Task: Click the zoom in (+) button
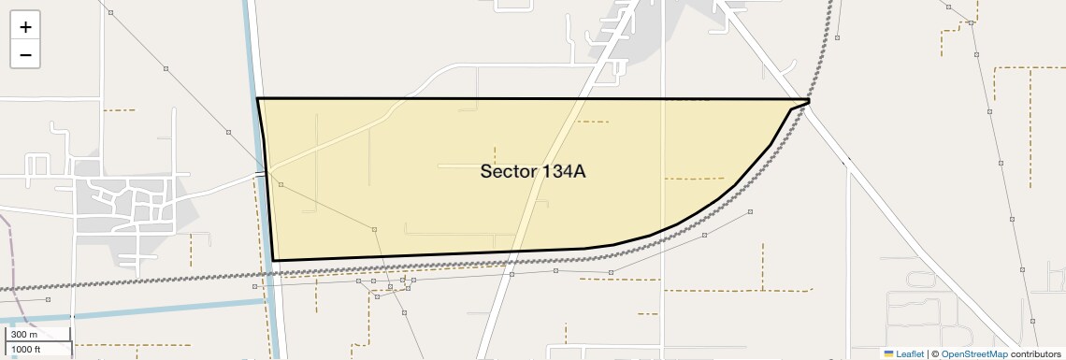[x=25, y=27]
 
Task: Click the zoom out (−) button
[x=25, y=55]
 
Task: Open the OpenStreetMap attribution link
[x=974, y=353]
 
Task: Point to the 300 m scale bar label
[x=24, y=335]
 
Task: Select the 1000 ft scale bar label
[x=26, y=349]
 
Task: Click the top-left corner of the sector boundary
[x=257, y=98]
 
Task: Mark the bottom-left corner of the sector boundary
[x=274, y=260]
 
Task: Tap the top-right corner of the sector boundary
[x=809, y=99]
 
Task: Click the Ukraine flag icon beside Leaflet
[x=889, y=353]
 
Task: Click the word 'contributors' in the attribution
[x=1035, y=353]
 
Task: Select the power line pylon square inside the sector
[x=374, y=229]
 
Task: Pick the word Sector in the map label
[x=506, y=171]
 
